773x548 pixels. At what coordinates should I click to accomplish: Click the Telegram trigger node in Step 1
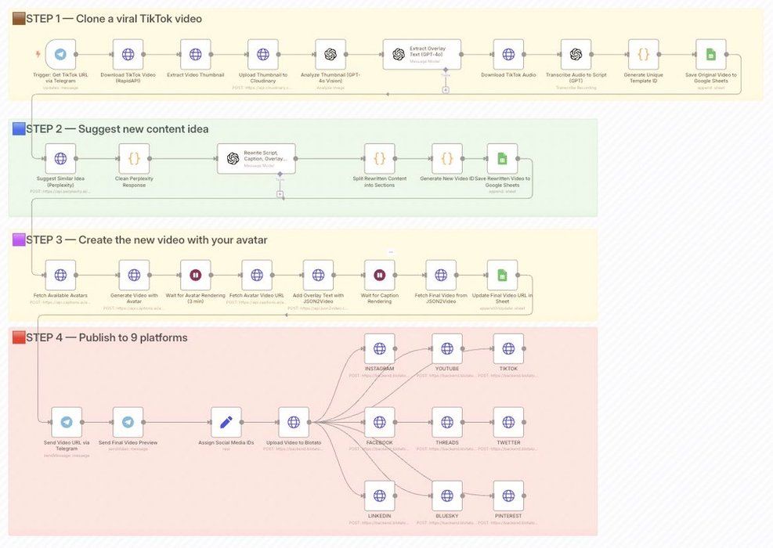(x=61, y=55)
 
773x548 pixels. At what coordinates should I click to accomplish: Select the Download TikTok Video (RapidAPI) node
(x=128, y=55)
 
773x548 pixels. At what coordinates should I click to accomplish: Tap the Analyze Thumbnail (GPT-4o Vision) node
(x=331, y=55)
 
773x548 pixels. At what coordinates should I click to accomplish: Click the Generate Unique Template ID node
(x=643, y=55)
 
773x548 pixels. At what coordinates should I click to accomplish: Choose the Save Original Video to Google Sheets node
(x=710, y=55)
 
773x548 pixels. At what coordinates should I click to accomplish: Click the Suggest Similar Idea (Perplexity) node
(x=61, y=158)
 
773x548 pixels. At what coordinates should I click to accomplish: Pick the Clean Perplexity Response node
(x=134, y=158)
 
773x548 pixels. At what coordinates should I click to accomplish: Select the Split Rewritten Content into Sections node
(x=379, y=158)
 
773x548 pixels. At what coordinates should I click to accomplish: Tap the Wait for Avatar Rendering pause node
(x=195, y=276)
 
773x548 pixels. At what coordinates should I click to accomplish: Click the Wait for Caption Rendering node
(x=379, y=276)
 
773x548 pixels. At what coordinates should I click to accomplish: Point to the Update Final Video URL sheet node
(x=502, y=276)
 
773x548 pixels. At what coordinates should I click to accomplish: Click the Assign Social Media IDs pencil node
(x=226, y=423)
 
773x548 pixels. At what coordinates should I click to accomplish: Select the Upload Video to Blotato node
(x=294, y=423)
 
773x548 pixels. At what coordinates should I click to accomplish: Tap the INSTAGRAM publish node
(x=379, y=348)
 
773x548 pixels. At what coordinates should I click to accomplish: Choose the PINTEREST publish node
(x=508, y=496)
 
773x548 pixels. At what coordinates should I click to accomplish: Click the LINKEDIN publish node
(x=379, y=496)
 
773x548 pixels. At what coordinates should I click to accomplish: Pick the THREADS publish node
(x=446, y=423)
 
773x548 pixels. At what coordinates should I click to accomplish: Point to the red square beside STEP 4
(x=19, y=337)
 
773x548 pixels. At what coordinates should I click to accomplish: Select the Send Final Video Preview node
(x=128, y=423)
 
